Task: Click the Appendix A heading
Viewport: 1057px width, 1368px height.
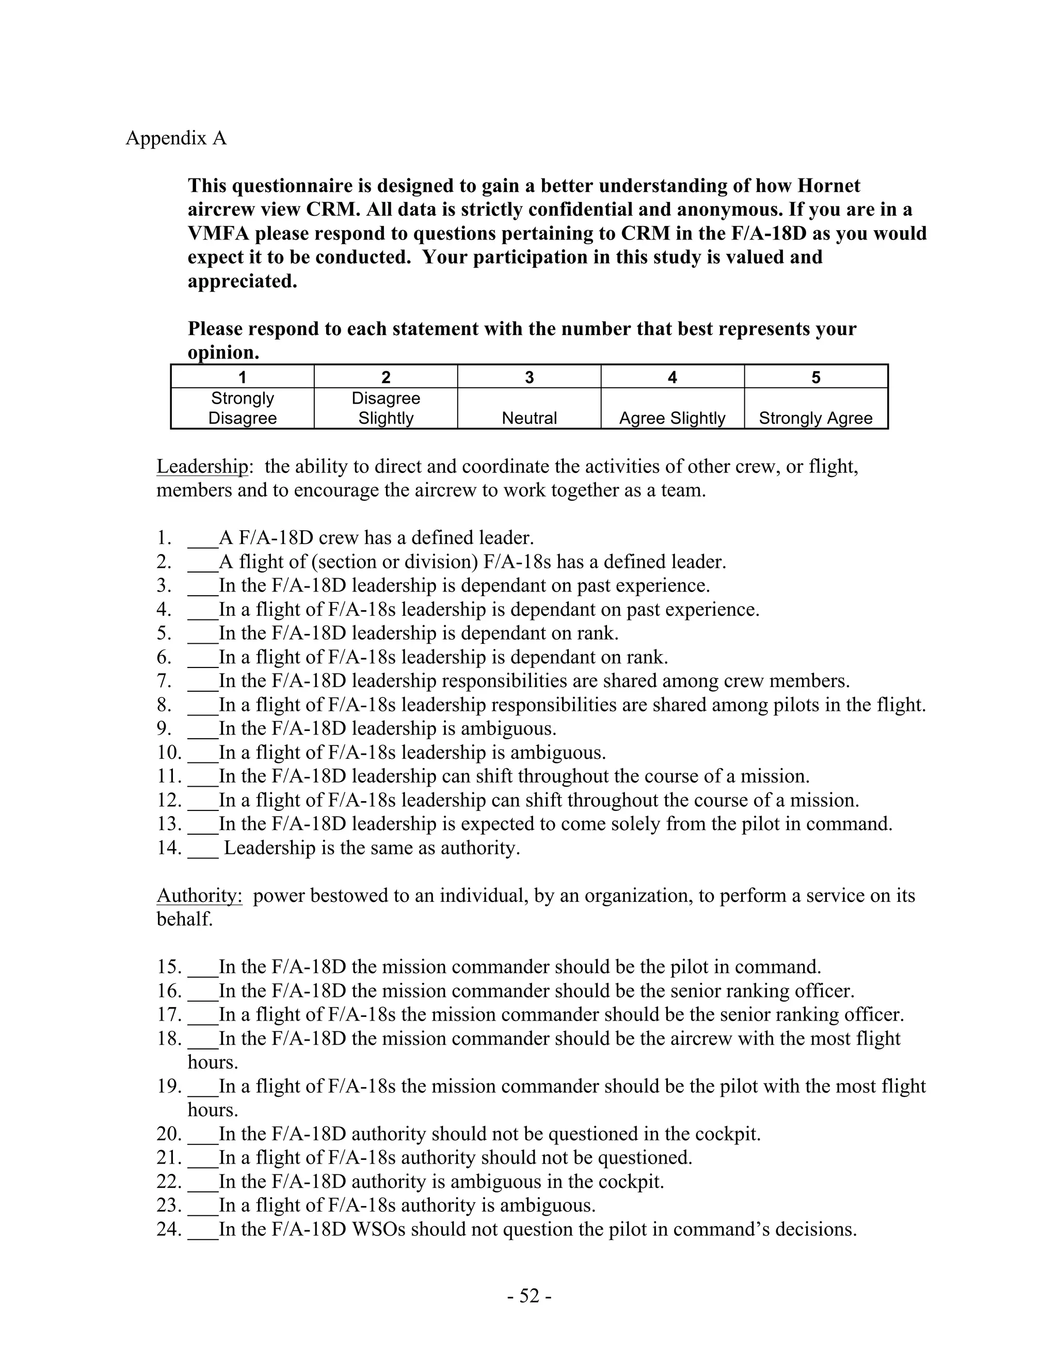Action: pos(176,138)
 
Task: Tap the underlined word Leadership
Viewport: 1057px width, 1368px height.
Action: pos(202,467)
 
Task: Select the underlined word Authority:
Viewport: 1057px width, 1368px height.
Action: pos(199,896)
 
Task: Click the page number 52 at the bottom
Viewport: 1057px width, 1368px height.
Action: pos(529,1295)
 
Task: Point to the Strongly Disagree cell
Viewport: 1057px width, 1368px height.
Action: pos(243,408)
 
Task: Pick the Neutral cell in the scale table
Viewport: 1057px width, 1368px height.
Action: pos(529,418)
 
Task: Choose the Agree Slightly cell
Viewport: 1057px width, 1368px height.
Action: pos(672,418)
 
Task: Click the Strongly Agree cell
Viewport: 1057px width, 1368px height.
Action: pos(815,418)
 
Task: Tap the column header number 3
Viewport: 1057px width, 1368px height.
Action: pos(529,377)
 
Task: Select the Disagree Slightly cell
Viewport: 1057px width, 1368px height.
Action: pos(386,408)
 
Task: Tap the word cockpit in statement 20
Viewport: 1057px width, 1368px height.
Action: pos(720,1134)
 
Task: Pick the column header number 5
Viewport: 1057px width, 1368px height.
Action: pos(815,377)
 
